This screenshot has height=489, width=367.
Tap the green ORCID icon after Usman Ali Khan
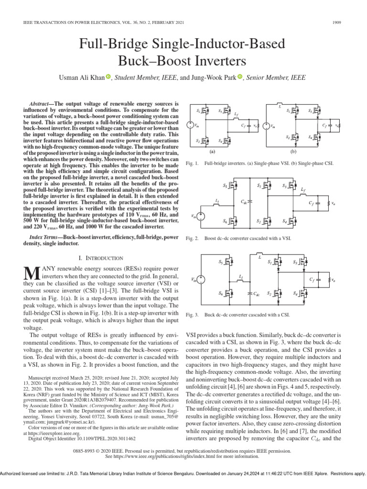click(108, 77)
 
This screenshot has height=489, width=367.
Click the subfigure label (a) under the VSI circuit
click(213, 151)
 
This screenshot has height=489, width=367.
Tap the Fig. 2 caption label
click(192, 238)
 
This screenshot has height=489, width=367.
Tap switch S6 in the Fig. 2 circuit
click(233, 221)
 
